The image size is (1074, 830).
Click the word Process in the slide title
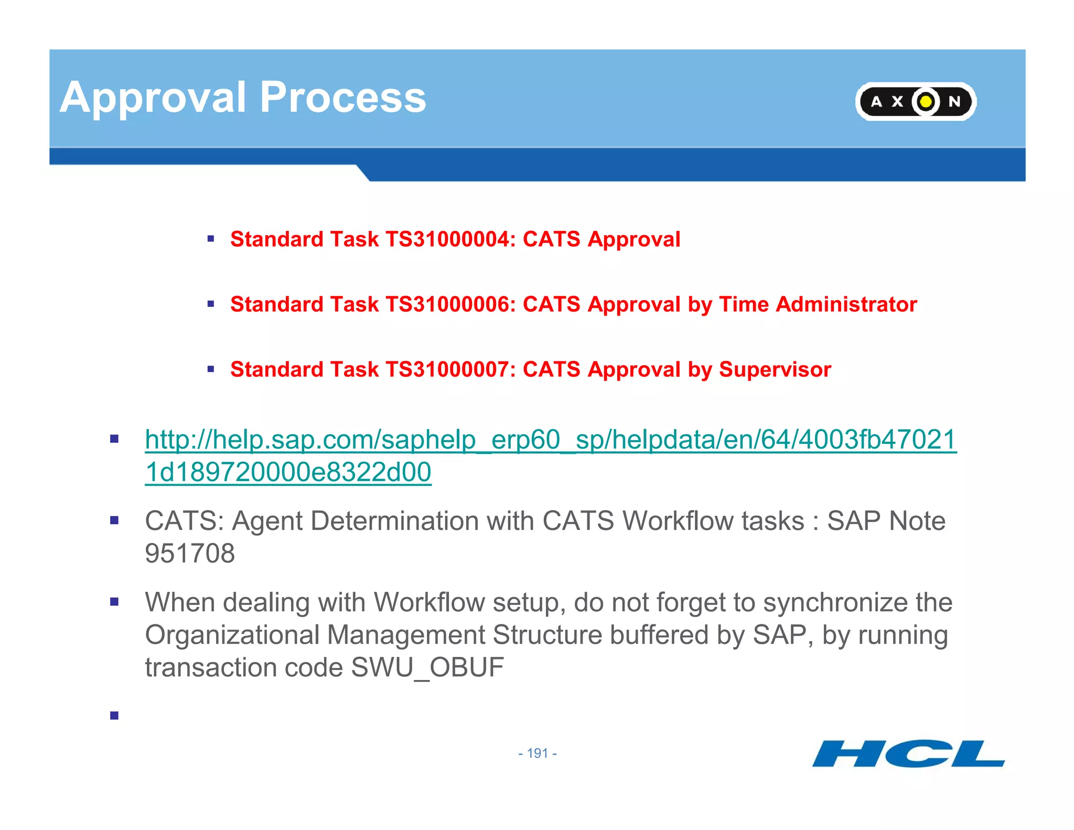pyautogui.click(x=343, y=98)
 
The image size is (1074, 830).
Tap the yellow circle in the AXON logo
pyautogui.click(x=926, y=101)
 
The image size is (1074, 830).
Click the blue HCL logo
pyautogui.click(x=908, y=754)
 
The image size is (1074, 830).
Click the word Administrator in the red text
pyautogui.click(x=846, y=304)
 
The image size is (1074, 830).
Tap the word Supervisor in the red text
pyautogui.click(x=775, y=369)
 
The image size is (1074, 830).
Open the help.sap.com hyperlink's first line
pyautogui.click(x=551, y=440)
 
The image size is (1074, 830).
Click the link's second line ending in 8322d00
pyautogui.click(x=288, y=472)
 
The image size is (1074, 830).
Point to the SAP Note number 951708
pyautogui.click(x=190, y=554)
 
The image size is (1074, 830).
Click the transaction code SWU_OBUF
pyautogui.click(x=427, y=667)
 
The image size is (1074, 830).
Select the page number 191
pyautogui.click(x=538, y=753)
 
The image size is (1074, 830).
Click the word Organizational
pyautogui.click(x=232, y=635)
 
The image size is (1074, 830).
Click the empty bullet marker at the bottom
pyautogui.click(x=114, y=715)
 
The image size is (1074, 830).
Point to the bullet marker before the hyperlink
pyautogui.click(x=114, y=439)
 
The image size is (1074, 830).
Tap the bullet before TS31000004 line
pyautogui.click(x=211, y=239)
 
